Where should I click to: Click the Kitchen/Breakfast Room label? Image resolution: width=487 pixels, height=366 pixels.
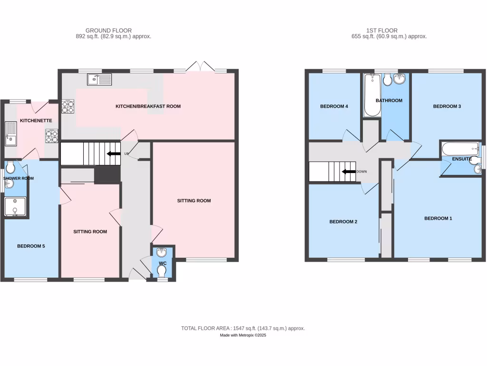tap(148, 106)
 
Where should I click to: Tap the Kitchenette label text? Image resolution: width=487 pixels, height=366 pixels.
tap(36, 121)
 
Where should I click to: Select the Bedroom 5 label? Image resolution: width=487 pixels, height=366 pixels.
tap(31, 246)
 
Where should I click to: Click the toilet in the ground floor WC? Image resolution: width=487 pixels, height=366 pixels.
tap(162, 271)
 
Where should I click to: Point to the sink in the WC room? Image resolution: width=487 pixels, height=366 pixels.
tap(162, 253)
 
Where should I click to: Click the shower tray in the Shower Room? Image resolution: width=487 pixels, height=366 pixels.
tap(15, 207)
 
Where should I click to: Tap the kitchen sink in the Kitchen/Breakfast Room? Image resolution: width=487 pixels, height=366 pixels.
tap(99, 79)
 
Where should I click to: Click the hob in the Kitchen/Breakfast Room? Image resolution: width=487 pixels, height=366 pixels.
tap(68, 106)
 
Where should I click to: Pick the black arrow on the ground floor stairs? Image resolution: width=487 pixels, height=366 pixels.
tap(113, 154)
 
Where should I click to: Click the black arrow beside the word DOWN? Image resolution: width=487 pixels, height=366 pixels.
tap(349, 172)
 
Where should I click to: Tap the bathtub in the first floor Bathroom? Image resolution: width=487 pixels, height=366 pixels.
tap(372, 95)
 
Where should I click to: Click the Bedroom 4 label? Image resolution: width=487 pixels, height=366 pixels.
tap(334, 106)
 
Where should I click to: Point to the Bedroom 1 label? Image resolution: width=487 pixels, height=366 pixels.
tap(438, 218)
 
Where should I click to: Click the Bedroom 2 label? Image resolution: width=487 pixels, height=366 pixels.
tap(343, 222)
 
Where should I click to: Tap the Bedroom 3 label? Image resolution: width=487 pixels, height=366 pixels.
tap(447, 106)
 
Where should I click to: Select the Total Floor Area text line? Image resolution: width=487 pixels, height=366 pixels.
tap(243, 328)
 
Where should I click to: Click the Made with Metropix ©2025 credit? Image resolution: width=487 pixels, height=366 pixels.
tap(243, 335)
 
